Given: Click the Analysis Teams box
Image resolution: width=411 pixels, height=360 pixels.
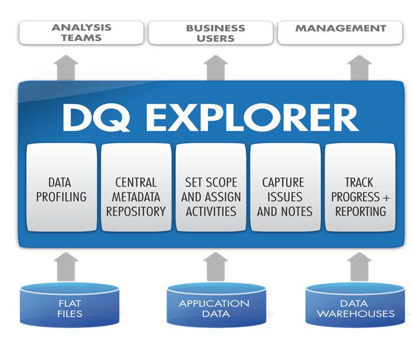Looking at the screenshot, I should pos(81,33).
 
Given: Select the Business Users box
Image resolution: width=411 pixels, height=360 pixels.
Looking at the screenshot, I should pos(215,33).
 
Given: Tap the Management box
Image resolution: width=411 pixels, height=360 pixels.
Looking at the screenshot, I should pos(340,33).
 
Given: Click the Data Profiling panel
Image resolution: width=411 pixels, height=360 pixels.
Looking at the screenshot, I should pos(61,189).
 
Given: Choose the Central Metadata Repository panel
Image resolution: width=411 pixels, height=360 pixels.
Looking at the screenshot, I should pos(136,189).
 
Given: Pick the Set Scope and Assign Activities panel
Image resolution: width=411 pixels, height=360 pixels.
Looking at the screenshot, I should pos(211,189).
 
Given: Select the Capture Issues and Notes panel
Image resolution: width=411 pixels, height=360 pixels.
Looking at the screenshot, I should pos(285,189).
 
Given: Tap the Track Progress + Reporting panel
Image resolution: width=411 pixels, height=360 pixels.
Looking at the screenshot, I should pos(360,189).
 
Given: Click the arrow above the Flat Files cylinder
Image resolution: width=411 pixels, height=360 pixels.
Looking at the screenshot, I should pos(66,265).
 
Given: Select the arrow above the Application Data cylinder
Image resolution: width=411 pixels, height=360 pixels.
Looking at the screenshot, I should pos(216,265).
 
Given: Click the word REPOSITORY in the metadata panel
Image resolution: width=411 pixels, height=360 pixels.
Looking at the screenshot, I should pos(136,211).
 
